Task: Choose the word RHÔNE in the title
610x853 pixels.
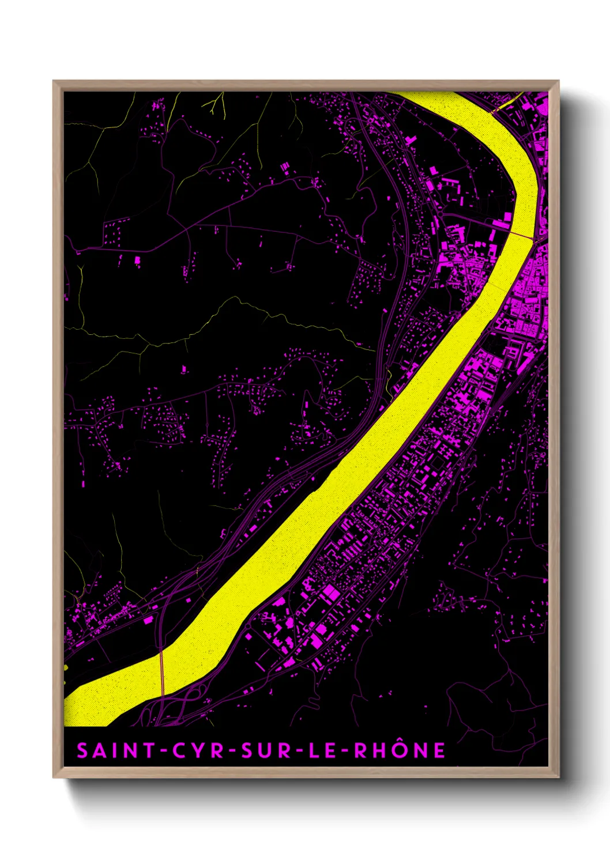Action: (x=400, y=750)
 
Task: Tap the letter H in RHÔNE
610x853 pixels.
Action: (x=381, y=750)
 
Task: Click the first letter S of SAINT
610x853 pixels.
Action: (x=83, y=750)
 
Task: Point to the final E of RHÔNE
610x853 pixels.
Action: (x=439, y=750)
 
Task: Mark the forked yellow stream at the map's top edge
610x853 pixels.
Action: (x=215, y=105)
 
